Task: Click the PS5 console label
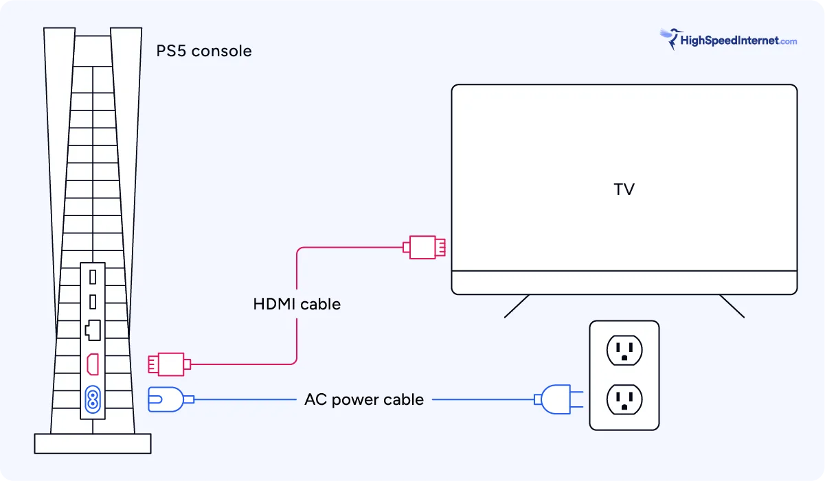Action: pos(204,51)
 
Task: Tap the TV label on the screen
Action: pos(624,189)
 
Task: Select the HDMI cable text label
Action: pos(297,303)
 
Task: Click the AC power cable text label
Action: pos(364,399)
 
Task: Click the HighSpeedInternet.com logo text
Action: pos(738,40)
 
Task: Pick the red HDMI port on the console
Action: pos(92,364)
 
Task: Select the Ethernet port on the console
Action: pos(92,331)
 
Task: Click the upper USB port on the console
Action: pos(92,278)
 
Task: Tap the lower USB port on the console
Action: pos(92,302)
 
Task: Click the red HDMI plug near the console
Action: pos(167,364)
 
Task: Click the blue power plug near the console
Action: pos(167,399)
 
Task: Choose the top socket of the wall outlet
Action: pos(624,350)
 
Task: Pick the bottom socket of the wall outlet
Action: pos(624,398)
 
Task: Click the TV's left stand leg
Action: pos(517,306)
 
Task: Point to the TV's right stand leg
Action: pos(732,306)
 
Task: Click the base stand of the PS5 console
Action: pos(92,443)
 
